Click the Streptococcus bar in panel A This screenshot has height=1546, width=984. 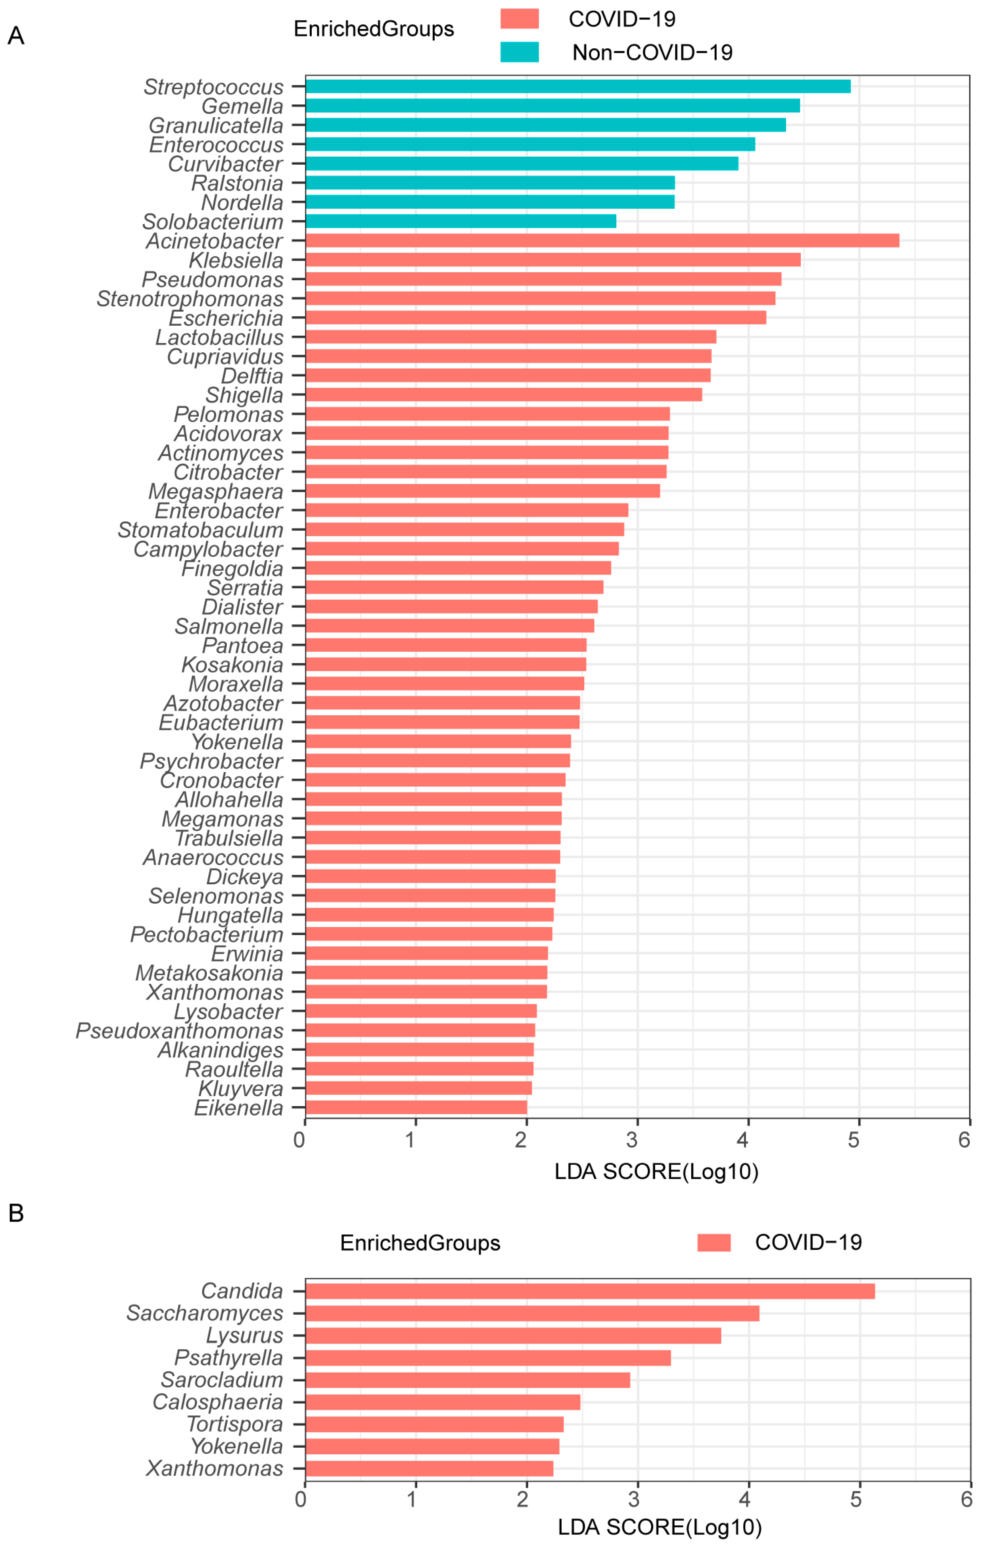click(578, 86)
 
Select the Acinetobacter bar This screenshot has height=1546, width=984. click(602, 241)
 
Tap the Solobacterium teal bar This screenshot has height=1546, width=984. click(460, 221)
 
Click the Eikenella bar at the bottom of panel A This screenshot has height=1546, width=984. click(416, 1107)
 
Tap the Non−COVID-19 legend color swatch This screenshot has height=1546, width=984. click(519, 52)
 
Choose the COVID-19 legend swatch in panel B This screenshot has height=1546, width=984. click(714, 1243)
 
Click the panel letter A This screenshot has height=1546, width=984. click(15, 36)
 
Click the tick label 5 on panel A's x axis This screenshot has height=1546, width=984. click(854, 1140)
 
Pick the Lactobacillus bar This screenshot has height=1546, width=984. click(510, 337)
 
